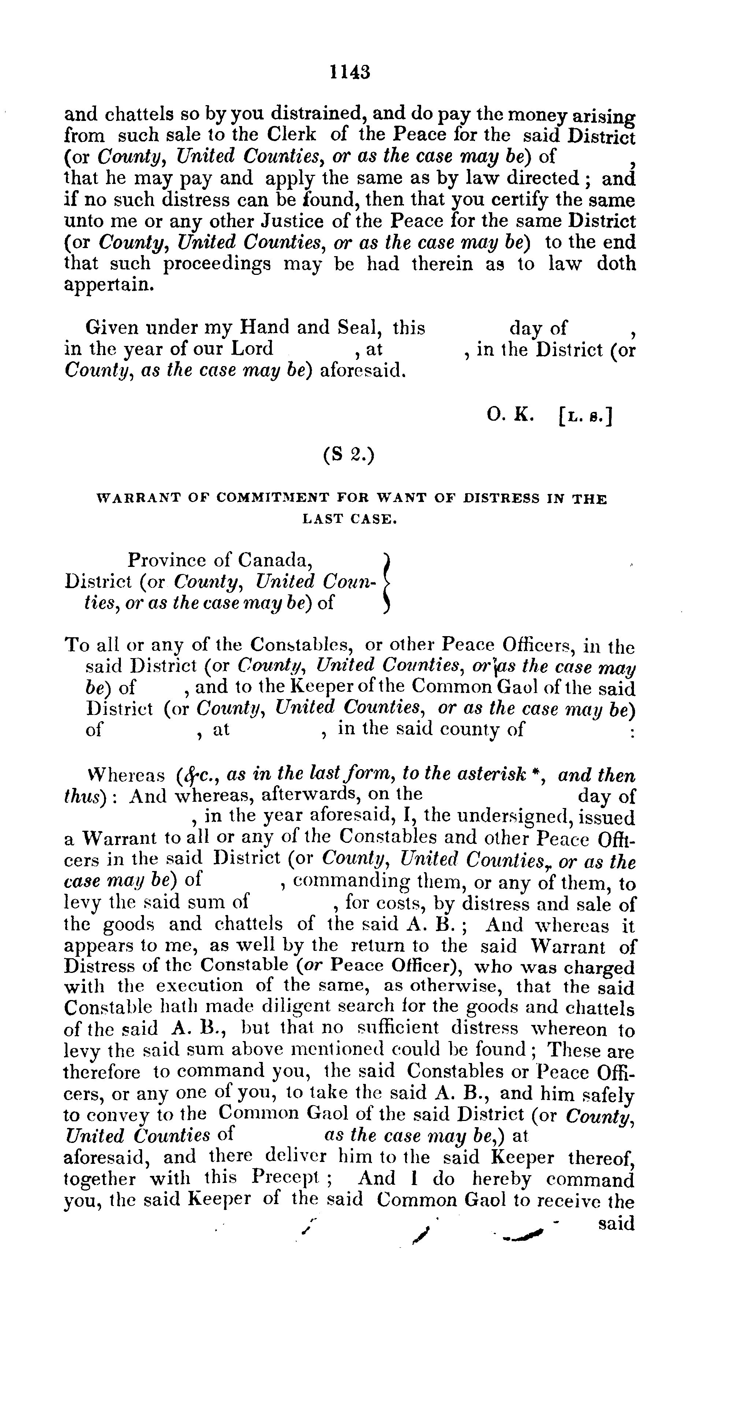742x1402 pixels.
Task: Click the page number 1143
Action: click(350, 72)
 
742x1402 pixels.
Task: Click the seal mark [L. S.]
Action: click(585, 417)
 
